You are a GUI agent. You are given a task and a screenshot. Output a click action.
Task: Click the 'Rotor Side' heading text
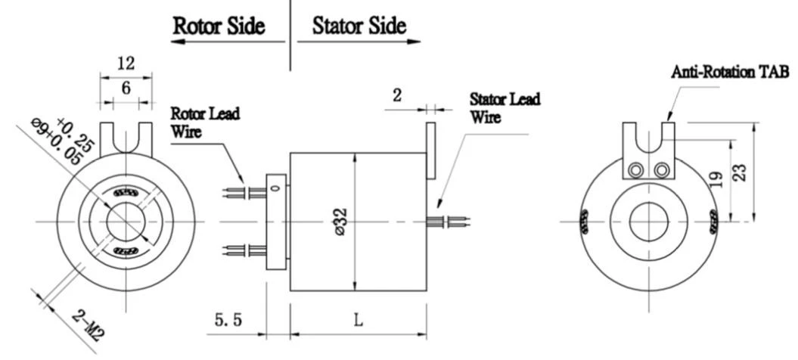click(219, 26)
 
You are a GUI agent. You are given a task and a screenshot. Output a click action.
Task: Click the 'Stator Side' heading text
click(359, 26)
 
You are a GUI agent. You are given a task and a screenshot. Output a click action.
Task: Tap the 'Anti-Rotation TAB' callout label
click(730, 72)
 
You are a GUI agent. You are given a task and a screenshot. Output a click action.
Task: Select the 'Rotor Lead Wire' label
click(204, 123)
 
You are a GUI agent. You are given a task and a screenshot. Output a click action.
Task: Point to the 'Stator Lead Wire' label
click(505, 107)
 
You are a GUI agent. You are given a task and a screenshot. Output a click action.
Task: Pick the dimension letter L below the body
click(359, 320)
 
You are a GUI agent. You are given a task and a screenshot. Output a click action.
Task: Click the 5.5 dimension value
click(228, 320)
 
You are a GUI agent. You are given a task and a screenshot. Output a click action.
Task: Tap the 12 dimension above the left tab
click(126, 63)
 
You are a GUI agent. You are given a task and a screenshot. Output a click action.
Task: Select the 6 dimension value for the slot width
click(126, 88)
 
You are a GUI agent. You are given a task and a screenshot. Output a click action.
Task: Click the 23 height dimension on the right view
click(741, 172)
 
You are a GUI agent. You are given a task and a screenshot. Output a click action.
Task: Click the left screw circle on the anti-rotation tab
click(635, 170)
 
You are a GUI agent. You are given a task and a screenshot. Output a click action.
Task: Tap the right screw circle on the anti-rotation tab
click(662, 170)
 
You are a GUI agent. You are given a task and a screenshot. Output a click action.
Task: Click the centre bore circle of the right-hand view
click(649, 222)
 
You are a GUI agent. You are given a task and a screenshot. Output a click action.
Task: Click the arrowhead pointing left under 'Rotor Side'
click(177, 42)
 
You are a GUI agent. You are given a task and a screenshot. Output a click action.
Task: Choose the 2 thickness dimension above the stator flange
click(397, 95)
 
